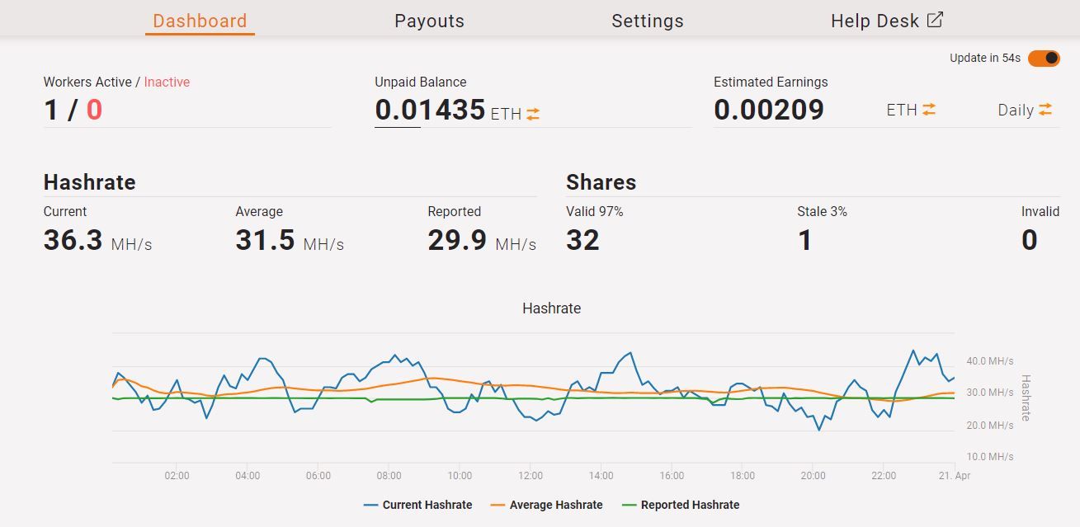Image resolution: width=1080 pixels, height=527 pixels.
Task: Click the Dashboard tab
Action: click(x=200, y=21)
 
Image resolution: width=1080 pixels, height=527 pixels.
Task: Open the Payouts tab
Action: click(x=429, y=21)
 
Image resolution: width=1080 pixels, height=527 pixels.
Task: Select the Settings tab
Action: click(x=647, y=21)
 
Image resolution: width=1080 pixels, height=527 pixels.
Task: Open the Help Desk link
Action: click(x=886, y=21)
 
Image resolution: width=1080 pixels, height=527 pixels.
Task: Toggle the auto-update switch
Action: click(x=1044, y=58)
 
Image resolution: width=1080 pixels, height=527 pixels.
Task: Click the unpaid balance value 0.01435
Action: click(x=430, y=110)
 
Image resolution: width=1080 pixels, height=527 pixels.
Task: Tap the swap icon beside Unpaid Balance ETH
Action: click(x=533, y=115)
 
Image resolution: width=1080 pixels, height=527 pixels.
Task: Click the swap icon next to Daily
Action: click(x=1045, y=110)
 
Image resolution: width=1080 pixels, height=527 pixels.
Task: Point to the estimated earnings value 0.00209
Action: click(x=769, y=110)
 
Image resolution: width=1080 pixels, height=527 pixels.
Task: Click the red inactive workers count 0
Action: click(x=94, y=110)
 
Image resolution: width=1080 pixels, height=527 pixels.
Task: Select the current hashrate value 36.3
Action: click(x=73, y=240)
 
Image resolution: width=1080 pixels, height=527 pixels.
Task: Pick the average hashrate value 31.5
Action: click(x=265, y=240)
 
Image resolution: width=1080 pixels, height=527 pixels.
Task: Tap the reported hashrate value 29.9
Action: click(x=457, y=240)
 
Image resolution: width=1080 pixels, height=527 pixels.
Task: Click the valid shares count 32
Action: click(x=582, y=240)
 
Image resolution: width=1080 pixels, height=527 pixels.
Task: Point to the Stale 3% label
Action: click(x=822, y=212)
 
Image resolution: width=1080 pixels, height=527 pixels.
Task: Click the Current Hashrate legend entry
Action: click(x=418, y=505)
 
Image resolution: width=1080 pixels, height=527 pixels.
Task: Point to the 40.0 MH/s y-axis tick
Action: click(x=989, y=361)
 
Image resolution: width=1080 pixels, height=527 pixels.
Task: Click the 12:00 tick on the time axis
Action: click(x=531, y=476)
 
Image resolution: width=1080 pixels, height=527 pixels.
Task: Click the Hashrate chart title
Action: click(x=551, y=308)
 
